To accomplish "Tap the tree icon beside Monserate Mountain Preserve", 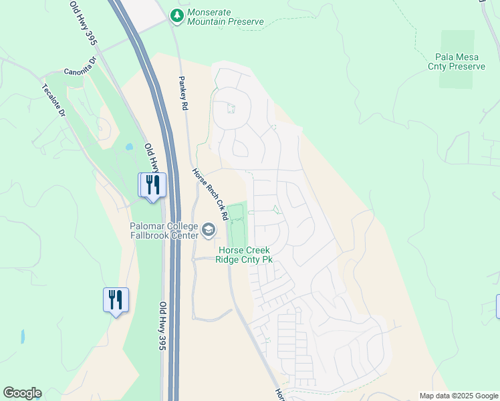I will pyautogui.click(x=176, y=14).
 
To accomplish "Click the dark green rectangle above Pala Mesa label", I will pyautogui.click(x=457, y=40).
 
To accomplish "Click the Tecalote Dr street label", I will pyautogui.click(x=54, y=101).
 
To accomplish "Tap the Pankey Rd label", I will pyautogui.click(x=182, y=92).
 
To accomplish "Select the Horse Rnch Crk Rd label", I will pyautogui.click(x=211, y=194).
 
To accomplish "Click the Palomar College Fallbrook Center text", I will pyautogui.click(x=164, y=231).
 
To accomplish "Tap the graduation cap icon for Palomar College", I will pyautogui.click(x=209, y=231).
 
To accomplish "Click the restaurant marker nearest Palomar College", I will pyautogui.click(x=152, y=185).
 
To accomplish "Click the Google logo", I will pyautogui.click(x=22, y=393).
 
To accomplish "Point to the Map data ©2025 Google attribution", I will pyautogui.click(x=459, y=396).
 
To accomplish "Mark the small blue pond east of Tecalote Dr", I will pyautogui.click(x=129, y=146).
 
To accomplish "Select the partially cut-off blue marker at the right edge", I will pyautogui.click(x=498, y=305).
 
